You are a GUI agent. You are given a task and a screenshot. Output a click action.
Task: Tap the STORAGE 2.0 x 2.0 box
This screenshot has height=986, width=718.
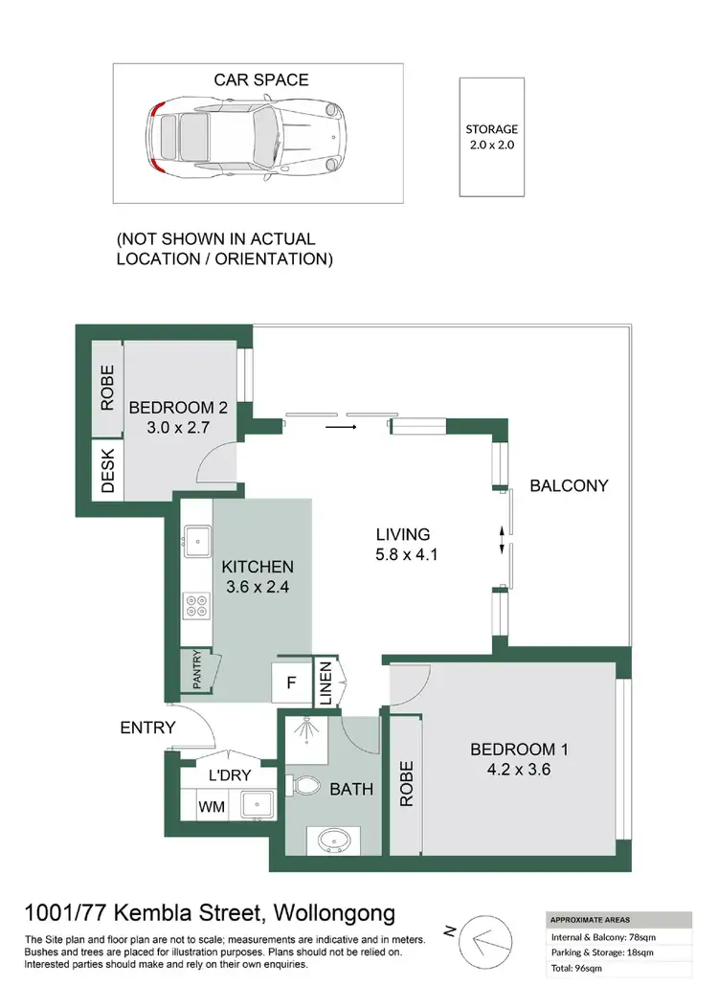pos(491,137)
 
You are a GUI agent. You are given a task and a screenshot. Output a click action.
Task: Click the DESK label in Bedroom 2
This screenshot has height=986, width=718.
pos(107,470)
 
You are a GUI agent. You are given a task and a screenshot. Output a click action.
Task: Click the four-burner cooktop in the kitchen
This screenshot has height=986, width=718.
pos(196,606)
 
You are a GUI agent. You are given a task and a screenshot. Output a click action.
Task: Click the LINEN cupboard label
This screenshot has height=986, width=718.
pos(325,683)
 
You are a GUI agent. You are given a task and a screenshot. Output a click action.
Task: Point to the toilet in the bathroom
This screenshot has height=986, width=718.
pos(307,785)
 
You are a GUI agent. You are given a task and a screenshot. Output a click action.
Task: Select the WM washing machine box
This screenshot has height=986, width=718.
pos(212,807)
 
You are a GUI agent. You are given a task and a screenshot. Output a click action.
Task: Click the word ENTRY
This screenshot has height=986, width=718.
pos(147,728)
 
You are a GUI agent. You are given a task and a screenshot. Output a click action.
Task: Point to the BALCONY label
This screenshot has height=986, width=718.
pos(569,485)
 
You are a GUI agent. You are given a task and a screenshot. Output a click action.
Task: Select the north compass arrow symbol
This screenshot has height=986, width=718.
pos(485,942)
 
